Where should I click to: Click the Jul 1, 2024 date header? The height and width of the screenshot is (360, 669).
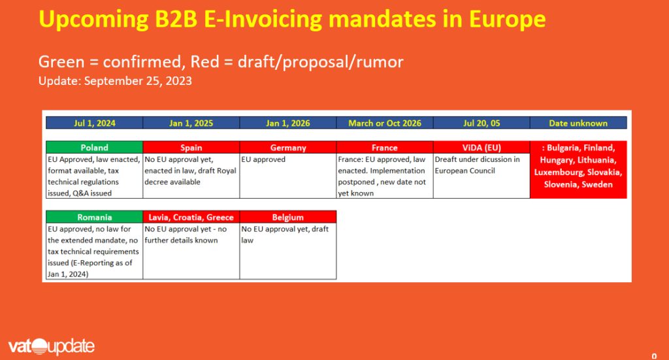[x=94, y=123]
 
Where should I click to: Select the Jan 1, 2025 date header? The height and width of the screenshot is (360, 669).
[x=191, y=123]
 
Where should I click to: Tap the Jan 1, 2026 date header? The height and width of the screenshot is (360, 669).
[x=288, y=123]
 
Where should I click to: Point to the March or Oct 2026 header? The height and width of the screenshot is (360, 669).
[x=384, y=123]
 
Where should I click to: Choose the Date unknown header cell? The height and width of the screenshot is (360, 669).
[x=578, y=123]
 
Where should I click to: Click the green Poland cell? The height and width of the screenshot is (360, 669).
[x=94, y=148]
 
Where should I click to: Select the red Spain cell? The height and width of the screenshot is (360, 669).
[x=191, y=148]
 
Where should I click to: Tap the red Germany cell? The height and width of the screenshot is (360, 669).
[x=288, y=148]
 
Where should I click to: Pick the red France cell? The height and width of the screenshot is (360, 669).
[x=384, y=148]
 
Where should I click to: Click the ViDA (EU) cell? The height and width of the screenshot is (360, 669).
[x=481, y=148]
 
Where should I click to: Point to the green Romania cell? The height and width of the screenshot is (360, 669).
[x=94, y=218]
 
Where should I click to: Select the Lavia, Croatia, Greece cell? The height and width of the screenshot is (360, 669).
[x=191, y=218]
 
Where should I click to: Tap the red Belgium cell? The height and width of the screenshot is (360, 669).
[x=288, y=218]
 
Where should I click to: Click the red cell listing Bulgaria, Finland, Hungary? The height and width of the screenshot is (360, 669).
[x=578, y=169]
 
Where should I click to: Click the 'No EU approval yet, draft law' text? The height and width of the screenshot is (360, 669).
[x=284, y=235]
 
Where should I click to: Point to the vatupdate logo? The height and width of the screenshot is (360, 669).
[x=52, y=346]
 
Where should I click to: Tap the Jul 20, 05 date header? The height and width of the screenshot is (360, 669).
[x=481, y=123]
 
